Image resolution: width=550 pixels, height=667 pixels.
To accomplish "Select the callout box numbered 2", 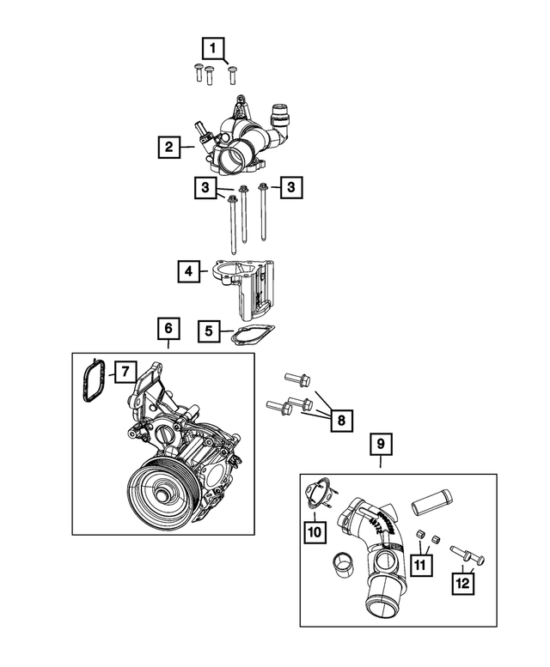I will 169,147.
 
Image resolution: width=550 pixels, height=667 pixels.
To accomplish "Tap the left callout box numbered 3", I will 205,187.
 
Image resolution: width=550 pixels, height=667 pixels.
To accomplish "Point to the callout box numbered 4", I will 187,273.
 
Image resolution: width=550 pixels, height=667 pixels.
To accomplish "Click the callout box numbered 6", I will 168,329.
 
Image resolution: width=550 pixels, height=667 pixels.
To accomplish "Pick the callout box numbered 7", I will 124,372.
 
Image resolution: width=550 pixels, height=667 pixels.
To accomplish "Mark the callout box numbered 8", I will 340,421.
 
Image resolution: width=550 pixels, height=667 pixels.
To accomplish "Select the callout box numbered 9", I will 381,445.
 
